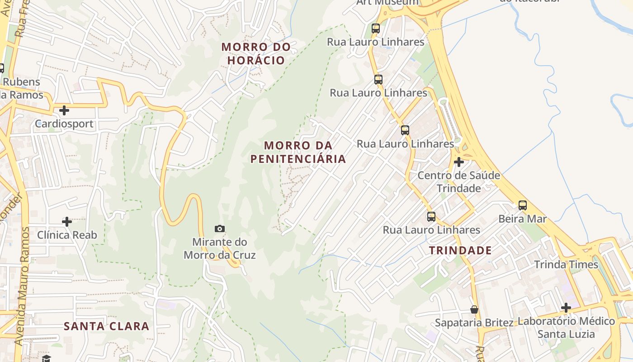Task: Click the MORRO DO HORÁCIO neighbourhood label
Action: (x=256, y=53)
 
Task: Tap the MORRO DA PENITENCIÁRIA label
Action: (x=298, y=152)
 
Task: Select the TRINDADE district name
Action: (x=460, y=250)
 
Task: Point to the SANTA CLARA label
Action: (x=106, y=326)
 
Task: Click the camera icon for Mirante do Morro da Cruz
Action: (x=220, y=229)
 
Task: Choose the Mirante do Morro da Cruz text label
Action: (x=220, y=248)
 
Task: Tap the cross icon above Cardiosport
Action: (x=64, y=110)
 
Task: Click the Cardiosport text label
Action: (x=64, y=124)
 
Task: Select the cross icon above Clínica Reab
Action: (x=67, y=222)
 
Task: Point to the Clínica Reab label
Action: (x=67, y=235)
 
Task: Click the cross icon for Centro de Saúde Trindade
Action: (x=459, y=162)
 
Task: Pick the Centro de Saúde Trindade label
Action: (x=458, y=182)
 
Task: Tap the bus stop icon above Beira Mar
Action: (x=523, y=205)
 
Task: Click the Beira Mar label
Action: (x=523, y=219)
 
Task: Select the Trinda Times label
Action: (x=566, y=264)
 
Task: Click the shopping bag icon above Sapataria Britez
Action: (x=474, y=310)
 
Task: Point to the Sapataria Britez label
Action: (x=474, y=323)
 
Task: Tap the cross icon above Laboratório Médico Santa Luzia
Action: (x=566, y=308)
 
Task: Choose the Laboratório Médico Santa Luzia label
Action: (x=566, y=328)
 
